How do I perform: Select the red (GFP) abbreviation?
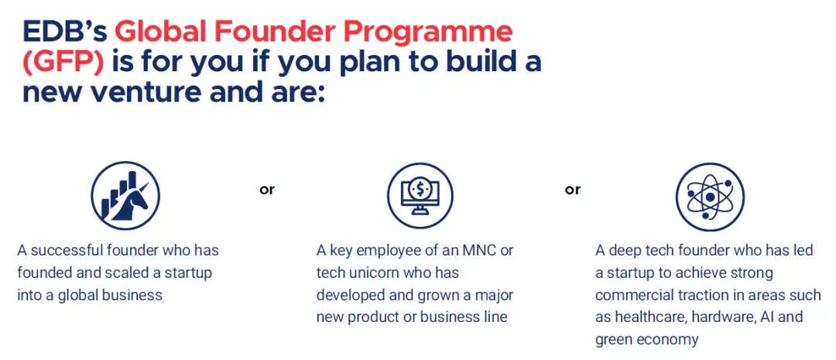click(63, 63)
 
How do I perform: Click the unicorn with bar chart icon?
click(125, 196)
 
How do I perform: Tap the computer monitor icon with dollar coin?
click(420, 196)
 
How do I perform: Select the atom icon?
click(710, 197)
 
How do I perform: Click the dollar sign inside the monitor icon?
click(420, 187)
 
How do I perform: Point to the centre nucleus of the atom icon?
click(710, 197)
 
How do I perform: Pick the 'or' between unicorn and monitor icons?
click(267, 190)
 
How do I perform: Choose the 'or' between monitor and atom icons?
click(573, 190)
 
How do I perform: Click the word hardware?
click(714, 317)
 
